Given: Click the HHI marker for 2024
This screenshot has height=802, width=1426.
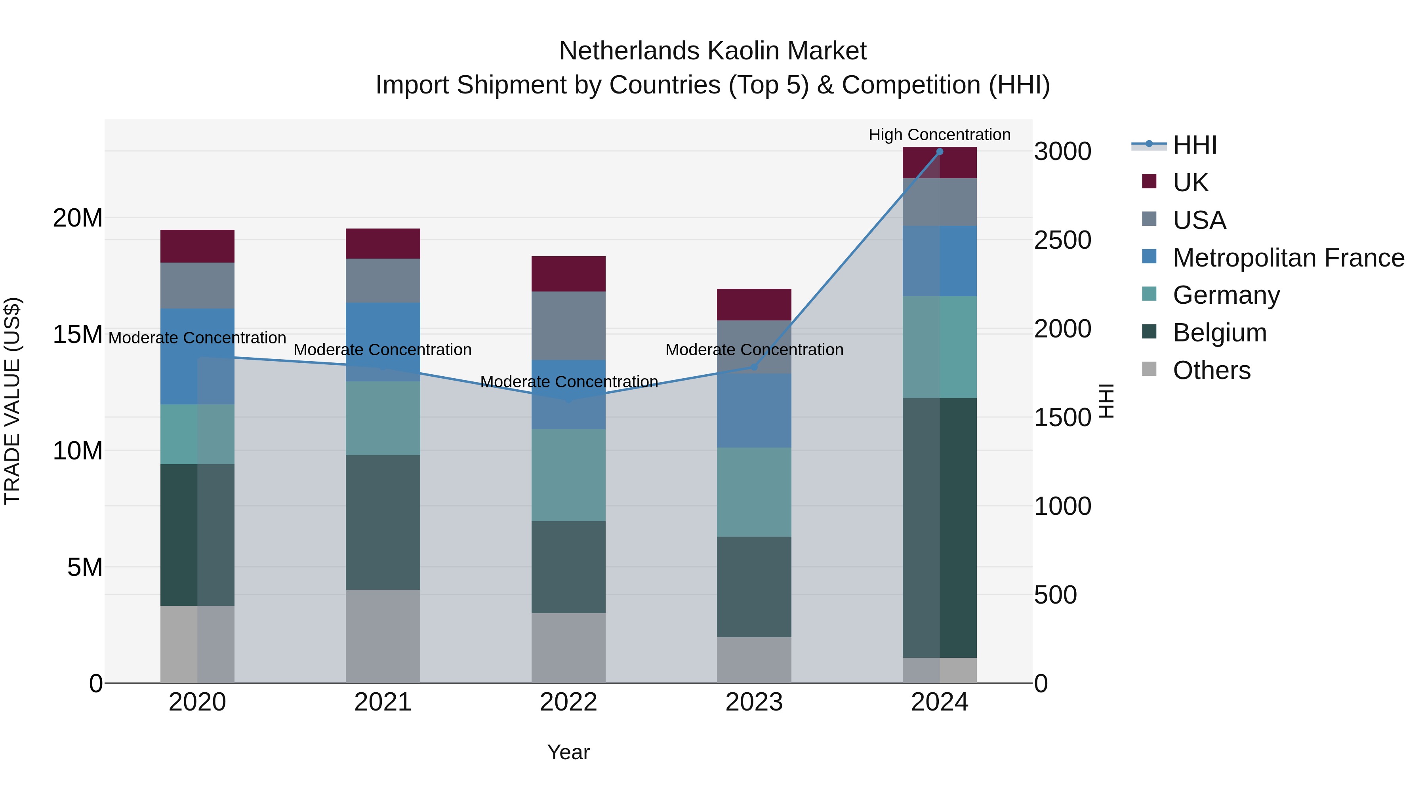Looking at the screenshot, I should click(940, 152).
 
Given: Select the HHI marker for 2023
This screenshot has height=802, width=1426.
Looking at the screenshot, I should click(753, 367).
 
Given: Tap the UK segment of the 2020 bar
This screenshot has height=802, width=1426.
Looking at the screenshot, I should click(198, 246).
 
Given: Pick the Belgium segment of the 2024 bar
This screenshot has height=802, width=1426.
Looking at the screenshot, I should click(940, 528).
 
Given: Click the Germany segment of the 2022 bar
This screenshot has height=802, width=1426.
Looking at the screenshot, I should click(568, 475).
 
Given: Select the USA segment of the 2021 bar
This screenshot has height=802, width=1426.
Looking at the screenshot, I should click(383, 281).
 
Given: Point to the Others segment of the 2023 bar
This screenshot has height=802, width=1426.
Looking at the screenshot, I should click(754, 660).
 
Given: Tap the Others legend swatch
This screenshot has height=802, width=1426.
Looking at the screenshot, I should click(1149, 369).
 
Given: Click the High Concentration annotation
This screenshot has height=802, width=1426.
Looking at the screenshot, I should click(940, 135).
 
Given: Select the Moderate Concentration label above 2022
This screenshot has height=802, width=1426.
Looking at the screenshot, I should click(568, 382).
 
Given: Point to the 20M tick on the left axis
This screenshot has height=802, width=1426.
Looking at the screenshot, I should click(78, 218).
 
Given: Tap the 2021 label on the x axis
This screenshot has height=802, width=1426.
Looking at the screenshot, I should click(383, 702).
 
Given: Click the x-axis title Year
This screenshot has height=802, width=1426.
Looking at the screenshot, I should click(568, 752).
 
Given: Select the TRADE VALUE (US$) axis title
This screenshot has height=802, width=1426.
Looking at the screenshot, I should click(12, 401).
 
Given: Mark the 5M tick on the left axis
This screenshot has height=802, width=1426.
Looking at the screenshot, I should click(85, 567).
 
